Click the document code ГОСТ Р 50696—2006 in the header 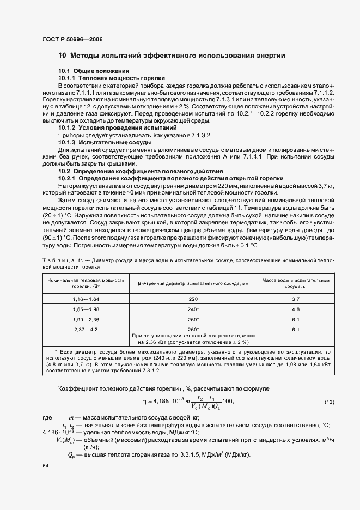tap(72, 40)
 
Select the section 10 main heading tap(172, 56)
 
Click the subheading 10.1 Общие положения tap(94, 71)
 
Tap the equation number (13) tap(329, 402)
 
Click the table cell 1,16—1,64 tap(86, 299)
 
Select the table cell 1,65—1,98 tap(86, 309)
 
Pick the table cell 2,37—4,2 tap(86, 330)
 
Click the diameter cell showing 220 tap(193, 299)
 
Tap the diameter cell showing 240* tap(193, 309)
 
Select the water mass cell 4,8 tap(296, 309)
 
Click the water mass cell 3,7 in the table tap(296, 299)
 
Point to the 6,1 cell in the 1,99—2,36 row tap(296, 319)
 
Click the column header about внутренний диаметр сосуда tap(193, 283)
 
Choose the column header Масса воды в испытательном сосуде tap(296, 283)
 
